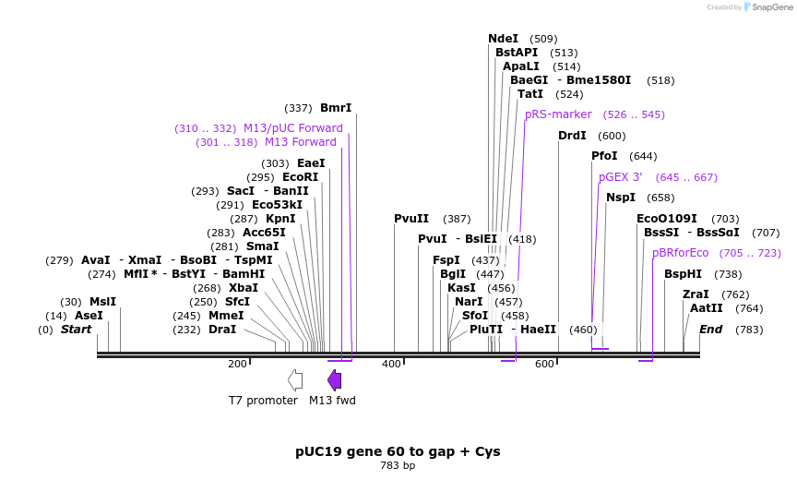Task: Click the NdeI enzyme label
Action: click(503, 39)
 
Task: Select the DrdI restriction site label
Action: click(572, 136)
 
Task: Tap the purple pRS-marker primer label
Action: click(558, 114)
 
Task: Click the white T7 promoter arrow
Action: click(295, 379)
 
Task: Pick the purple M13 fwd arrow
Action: click(335, 379)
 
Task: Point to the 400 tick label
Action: click(390, 364)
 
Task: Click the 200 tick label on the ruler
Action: click(237, 364)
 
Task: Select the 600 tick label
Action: click(544, 364)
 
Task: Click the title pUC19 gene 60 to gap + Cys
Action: click(398, 451)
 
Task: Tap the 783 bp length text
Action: click(398, 465)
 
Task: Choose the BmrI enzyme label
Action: click(336, 108)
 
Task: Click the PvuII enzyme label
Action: click(411, 219)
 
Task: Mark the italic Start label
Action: click(77, 330)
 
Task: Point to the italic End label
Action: click(710, 330)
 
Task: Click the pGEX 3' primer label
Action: click(620, 176)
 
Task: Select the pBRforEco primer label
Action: click(680, 253)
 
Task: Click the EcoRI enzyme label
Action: click(300, 177)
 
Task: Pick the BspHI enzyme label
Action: click(683, 274)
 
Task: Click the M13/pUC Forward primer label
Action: click(292, 128)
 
